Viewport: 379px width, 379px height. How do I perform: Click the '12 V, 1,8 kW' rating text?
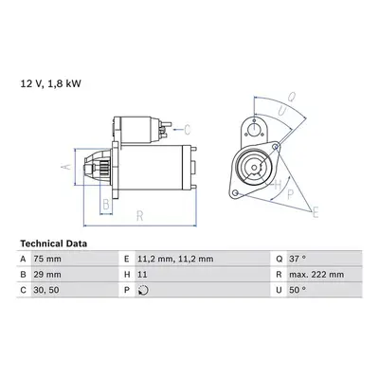click(51, 83)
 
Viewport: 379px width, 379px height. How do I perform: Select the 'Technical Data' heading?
click(54, 244)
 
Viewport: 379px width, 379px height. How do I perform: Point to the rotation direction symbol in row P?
click(143, 290)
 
